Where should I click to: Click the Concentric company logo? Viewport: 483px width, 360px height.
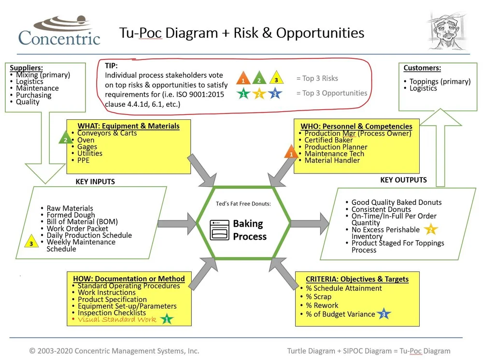click(x=59, y=31)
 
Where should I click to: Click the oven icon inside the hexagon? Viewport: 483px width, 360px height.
click(x=219, y=230)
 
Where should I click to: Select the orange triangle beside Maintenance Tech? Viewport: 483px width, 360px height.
click(x=291, y=153)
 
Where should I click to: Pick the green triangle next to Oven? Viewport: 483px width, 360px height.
click(x=65, y=139)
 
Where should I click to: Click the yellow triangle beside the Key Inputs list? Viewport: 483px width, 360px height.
click(x=31, y=242)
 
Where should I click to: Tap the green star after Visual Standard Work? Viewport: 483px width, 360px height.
click(x=167, y=319)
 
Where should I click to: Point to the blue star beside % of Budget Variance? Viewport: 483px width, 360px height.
click(x=384, y=314)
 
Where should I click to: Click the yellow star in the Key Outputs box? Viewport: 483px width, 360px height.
click(x=430, y=230)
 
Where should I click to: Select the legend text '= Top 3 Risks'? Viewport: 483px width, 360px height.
click(x=317, y=78)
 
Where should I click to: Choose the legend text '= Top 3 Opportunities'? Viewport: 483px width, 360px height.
click(x=331, y=93)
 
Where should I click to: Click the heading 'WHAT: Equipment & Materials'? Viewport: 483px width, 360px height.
click(x=128, y=126)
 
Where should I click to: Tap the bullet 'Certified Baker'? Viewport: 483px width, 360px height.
click(x=328, y=140)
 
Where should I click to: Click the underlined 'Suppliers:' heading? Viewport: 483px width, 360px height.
click(x=26, y=68)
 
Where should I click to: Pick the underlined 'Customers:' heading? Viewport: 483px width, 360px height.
click(x=422, y=68)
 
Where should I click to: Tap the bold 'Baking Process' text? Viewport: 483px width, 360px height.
click(x=250, y=230)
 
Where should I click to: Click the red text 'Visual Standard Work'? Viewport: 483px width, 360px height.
click(x=117, y=319)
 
